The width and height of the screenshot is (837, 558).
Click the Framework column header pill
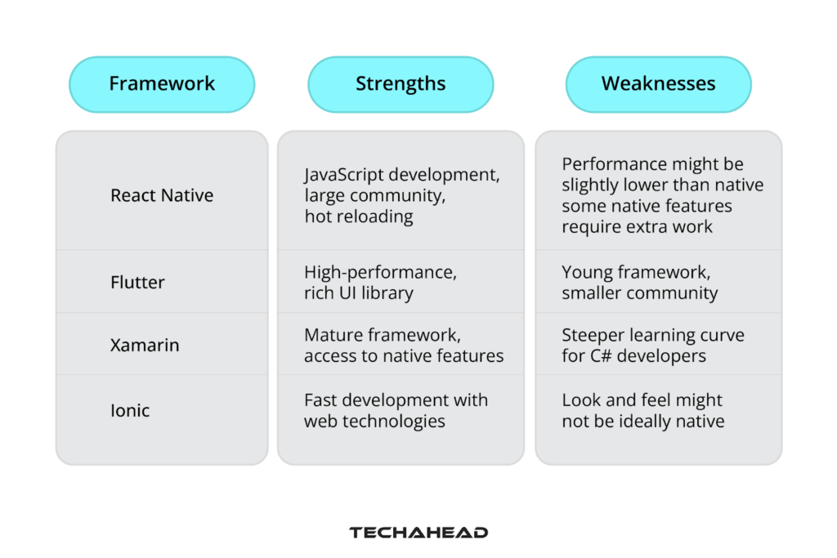click(x=162, y=84)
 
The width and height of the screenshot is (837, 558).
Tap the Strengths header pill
click(x=401, y=84)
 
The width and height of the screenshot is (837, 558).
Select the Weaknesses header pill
click(x=658, y=84)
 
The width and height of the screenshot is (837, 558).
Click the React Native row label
click(x=162, y=195)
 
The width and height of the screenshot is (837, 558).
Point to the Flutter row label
click(x=137, y=282)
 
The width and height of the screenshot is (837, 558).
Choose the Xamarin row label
click(x=145, y=345)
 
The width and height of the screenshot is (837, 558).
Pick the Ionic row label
click(x=130, y=410)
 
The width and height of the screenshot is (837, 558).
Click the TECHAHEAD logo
click(x=418, y=533)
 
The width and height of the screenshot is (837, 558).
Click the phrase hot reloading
click(x=359, y=217)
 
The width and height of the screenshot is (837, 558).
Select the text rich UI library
click(x=359, y=293)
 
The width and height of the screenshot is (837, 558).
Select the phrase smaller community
click(x=639, y=293)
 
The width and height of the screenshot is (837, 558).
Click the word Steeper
click(x=593, y=335)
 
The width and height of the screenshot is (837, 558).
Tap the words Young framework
click(x=634, y=273)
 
